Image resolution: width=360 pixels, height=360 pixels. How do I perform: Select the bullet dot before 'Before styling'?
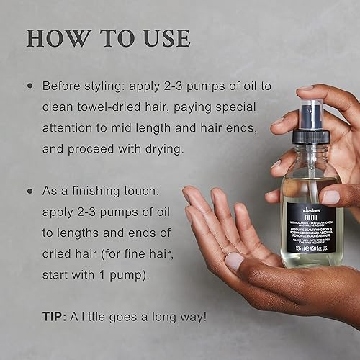tap(30, 85)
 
